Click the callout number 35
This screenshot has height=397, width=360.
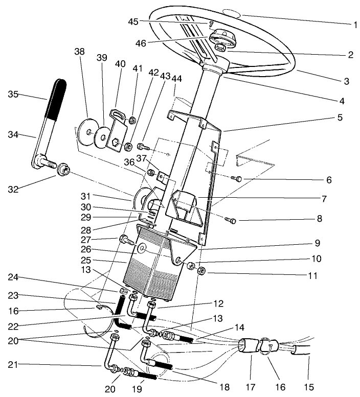[14, 94]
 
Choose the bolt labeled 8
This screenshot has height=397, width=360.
[230, 220]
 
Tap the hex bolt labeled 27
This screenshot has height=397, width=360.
[125, 239]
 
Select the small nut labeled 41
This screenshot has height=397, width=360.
[131, 121]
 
